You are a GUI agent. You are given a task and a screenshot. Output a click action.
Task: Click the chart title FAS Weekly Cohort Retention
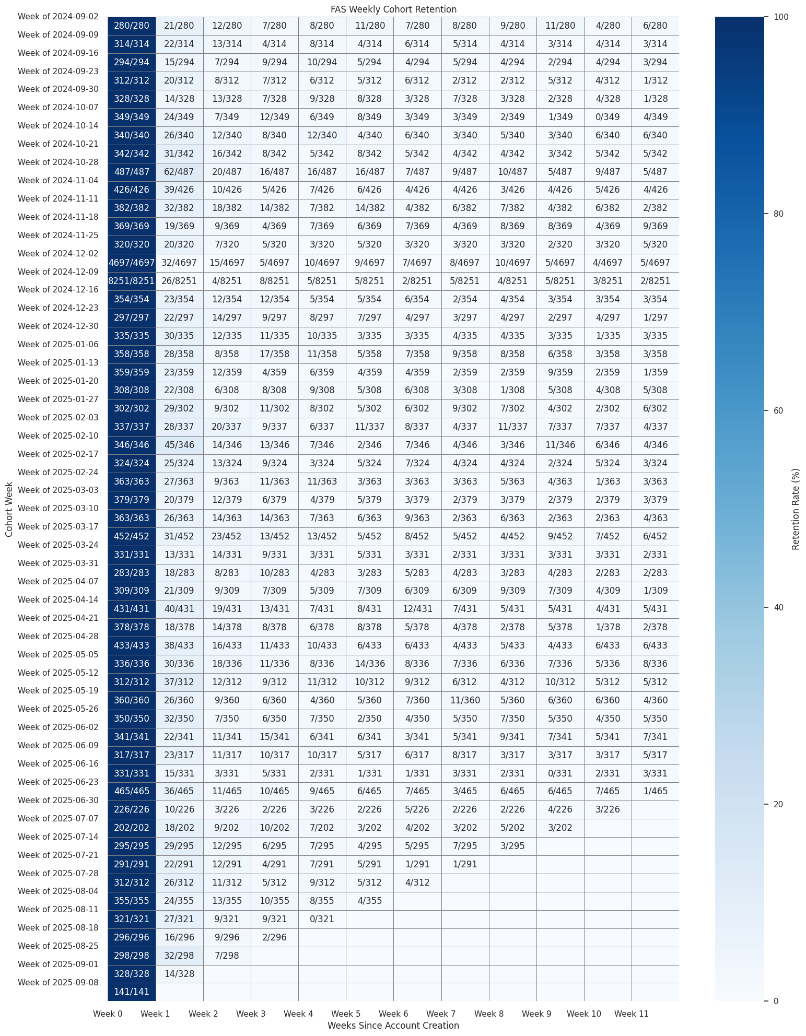[393, 9]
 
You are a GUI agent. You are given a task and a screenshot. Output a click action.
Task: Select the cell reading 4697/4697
[132, 263]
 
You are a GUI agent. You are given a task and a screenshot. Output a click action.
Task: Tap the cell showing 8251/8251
[132, 281]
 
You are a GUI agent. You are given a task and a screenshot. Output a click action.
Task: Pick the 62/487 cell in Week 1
[179, 171]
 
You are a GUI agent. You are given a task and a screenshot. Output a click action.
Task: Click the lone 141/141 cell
[132, 992]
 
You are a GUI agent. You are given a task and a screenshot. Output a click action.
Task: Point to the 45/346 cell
[179, 445]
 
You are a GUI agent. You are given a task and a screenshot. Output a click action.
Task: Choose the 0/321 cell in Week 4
[322, 919]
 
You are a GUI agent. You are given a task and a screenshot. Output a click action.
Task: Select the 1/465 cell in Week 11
[655, 791]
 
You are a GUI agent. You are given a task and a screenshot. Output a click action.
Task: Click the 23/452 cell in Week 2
[227, 536]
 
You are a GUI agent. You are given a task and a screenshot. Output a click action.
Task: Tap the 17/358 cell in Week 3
[274, 354]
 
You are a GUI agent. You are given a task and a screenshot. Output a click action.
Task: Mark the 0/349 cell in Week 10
[608, 117]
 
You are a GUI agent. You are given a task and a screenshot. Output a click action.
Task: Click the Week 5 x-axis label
[346, 1014]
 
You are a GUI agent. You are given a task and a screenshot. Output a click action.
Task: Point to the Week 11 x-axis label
[632, 1014]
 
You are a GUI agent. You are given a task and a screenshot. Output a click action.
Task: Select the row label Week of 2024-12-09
[58, 272]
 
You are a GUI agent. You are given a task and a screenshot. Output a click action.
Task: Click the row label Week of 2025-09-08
[58, 982]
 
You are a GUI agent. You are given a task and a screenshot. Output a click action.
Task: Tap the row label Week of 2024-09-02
[58, 17]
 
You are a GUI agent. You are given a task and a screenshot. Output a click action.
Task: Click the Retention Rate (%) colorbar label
[796, 509]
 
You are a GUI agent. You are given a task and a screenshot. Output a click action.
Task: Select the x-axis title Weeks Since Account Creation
[393, 1026]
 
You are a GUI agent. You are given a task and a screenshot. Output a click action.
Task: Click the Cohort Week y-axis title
[9, 509]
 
